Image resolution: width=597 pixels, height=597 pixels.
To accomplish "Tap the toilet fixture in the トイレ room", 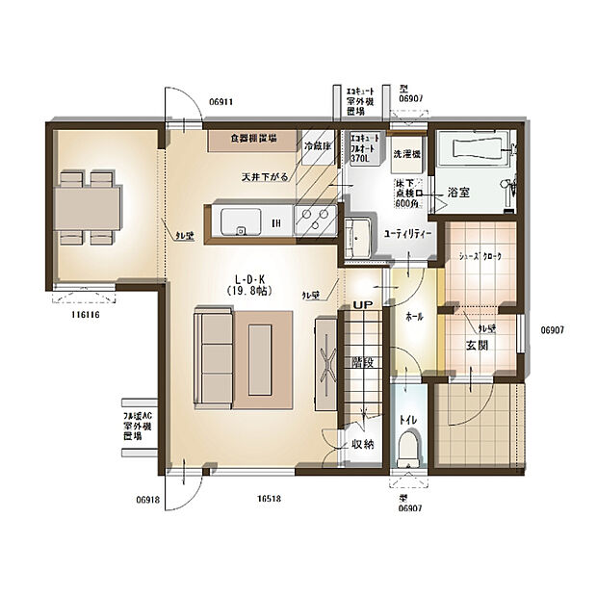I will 408,446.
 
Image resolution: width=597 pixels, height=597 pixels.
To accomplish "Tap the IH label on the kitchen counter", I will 274,224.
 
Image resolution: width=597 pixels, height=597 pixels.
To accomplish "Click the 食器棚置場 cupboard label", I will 253,139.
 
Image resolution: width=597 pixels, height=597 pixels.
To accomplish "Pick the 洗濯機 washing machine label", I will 404,153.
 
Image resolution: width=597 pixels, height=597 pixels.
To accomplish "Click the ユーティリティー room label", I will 408,234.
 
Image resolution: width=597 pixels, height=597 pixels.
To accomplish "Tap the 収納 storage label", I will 362,444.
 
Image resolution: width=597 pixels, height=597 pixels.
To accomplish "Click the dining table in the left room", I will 87,207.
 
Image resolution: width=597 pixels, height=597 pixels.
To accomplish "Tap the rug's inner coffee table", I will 261,358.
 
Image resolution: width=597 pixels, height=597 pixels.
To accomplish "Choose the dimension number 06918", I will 147,500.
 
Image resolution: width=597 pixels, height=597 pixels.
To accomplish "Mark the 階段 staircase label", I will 362,364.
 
